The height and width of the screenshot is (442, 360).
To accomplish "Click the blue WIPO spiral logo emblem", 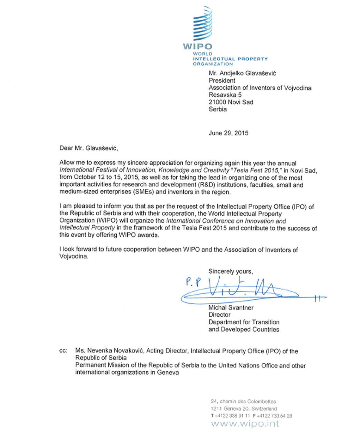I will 202,24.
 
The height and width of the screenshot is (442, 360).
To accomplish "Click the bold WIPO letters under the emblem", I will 198,46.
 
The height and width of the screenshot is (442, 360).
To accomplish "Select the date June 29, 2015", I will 228,133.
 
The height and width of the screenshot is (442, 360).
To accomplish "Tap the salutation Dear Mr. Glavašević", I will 88,148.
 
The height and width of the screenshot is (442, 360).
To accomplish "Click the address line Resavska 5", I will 225,95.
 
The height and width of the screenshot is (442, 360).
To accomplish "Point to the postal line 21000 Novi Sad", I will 231,102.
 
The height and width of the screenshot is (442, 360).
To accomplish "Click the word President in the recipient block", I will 222,80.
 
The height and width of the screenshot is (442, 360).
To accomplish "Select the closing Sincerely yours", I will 230,271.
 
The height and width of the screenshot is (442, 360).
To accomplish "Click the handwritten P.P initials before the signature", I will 193,282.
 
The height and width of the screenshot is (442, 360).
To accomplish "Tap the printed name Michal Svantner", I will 231,308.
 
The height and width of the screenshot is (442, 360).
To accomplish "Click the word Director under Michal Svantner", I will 219,315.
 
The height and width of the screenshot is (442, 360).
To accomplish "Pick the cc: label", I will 63,351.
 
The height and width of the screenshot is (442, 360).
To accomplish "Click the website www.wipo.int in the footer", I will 245,424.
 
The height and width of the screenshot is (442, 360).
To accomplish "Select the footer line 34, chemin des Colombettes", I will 243,402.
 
